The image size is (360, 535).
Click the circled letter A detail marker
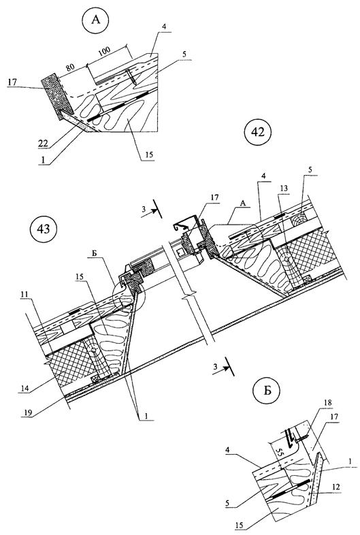coord(95,20)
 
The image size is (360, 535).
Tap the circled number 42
coord(259,131)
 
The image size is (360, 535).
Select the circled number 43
coord(44,229)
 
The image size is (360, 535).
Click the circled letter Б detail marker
coord(267,390)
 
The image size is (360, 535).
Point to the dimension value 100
coord(105,51)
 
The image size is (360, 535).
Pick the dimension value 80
coord(70,67)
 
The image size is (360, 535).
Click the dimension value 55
coord(279,453)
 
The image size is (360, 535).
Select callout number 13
coord(284,189)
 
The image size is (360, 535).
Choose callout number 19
coord(28,413)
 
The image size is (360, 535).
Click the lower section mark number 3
coord(215,367)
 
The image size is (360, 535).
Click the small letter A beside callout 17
coord(243,204)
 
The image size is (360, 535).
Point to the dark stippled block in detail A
coord(57,97)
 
